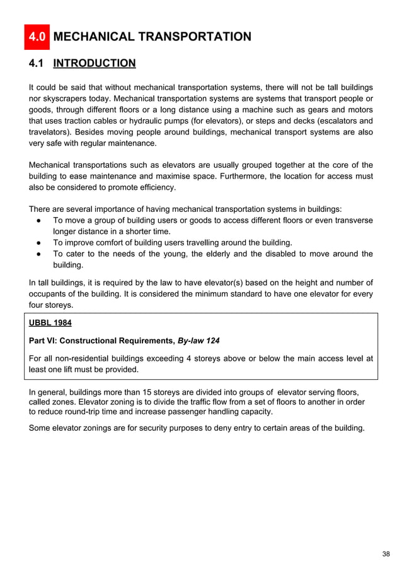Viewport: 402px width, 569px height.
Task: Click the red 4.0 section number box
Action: pos(37,37)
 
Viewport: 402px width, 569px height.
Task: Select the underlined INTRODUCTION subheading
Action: pos(95,63)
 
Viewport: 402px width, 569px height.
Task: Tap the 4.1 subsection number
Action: pos(37,63)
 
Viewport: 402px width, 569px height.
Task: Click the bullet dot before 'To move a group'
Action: pos(39,220)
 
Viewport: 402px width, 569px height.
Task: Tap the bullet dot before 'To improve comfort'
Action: pos(39,243)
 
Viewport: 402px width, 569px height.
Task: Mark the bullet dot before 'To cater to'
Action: pos(39,254)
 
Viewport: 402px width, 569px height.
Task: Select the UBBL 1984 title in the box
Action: pos(50,323)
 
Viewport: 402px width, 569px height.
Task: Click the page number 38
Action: pos(386,554)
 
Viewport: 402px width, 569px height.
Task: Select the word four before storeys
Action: pos(38,305)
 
